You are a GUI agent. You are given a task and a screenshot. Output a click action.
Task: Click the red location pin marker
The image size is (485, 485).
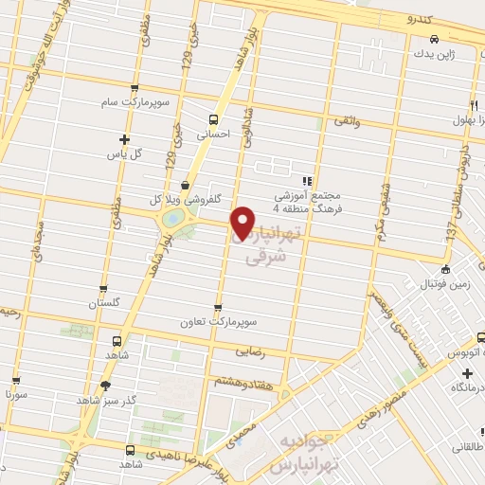(x=243, y=222)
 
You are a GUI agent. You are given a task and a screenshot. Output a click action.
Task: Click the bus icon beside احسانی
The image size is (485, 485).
(x=213, y=119)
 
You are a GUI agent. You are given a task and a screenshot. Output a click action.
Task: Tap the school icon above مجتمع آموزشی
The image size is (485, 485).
(x=305, y=181)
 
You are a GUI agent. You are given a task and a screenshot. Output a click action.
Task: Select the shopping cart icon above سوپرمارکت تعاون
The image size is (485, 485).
(x=220, y=308)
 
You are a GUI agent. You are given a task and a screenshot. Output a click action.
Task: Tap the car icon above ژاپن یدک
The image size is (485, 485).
(x=433, y=39)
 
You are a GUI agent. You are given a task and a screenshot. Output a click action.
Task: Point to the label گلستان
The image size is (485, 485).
(x=105, y=303)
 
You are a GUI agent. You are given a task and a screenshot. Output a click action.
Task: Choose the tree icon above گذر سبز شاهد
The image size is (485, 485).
(x=105, y=386)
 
